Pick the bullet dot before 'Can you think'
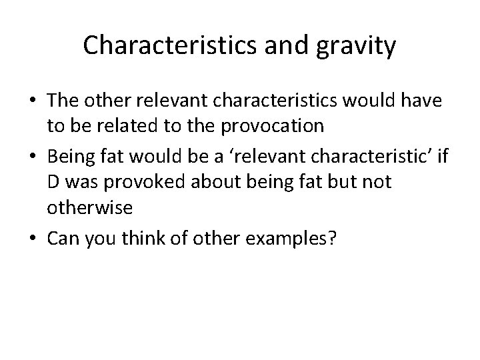pos(31,238)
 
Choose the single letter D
pos(54,182)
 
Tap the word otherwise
pos(90,207)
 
